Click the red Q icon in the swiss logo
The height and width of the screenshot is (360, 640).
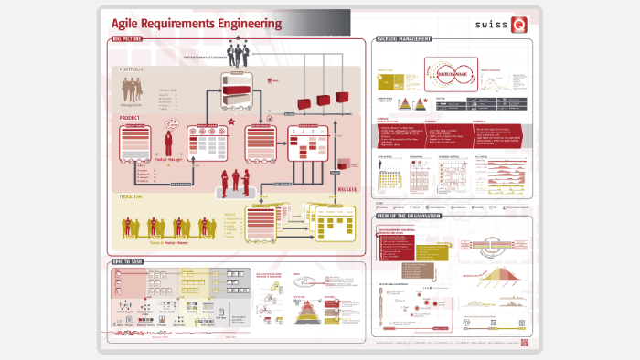(x=519, y=25)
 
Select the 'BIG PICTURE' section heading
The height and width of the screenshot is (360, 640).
(x=128, y=40)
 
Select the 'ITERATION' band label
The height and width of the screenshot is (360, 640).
(x=132, y=196)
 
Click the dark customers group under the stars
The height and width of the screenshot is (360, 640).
(x=240, y=54)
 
